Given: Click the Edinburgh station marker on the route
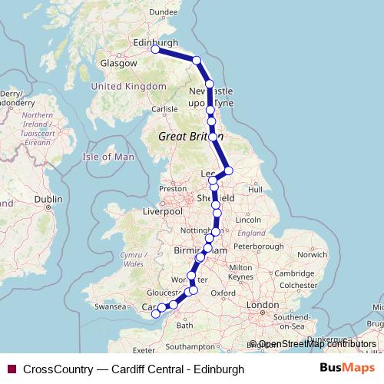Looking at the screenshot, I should (155, 49).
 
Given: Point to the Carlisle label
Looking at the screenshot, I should (164, 109).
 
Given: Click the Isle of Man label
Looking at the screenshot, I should (108, 157).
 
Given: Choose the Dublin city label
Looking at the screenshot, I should (48, 198).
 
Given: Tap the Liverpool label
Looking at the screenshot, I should (162, 210).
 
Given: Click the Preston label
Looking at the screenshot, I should (173, 188).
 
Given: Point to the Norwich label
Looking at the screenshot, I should (313, 254).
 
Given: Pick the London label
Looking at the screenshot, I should (263, 305).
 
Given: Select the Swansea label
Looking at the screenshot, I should (108, 306).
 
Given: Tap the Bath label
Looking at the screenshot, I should (185, 325).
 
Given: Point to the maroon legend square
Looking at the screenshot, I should (11, 368).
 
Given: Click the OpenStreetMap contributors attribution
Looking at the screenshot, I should (317, 344).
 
